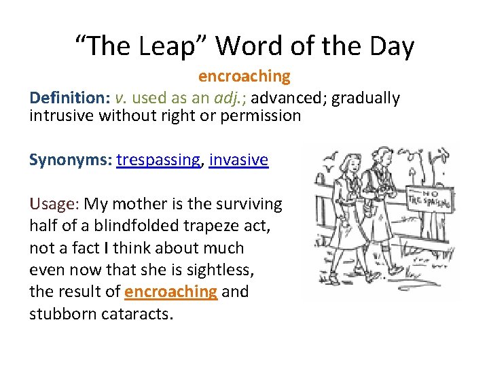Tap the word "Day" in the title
coord(388,46)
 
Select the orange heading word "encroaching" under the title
coord(244,76)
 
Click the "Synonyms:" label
coord(70,160)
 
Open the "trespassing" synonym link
coord(159,160)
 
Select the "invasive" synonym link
coord(238,160)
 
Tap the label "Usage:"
coord(54,204)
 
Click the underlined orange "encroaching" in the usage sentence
coord(171,292)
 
